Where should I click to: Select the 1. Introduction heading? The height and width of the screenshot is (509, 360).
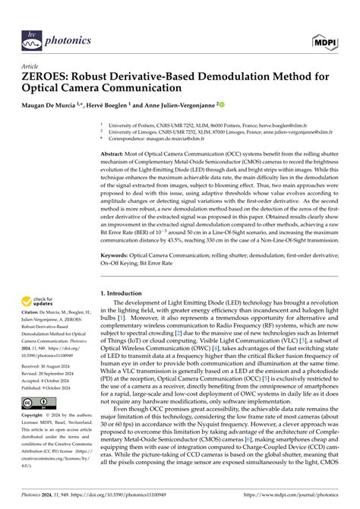123,292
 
